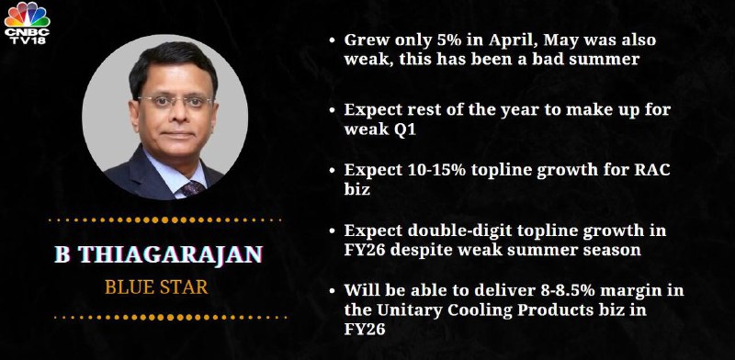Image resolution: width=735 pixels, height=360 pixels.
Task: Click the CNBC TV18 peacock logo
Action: [x=27, y=22]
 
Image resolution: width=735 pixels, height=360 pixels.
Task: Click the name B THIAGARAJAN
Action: [x=158, y=254]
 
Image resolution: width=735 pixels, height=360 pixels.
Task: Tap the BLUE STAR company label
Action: [x=156, y=287]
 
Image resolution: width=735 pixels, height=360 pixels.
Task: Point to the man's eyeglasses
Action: [x=175, y=101]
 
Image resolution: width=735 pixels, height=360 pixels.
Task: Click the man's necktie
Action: [x=193, y=188]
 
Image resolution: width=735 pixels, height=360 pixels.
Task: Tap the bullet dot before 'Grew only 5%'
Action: [x=332, y=40]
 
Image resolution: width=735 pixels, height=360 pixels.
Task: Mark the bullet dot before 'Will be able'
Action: [x=332, y=291]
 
